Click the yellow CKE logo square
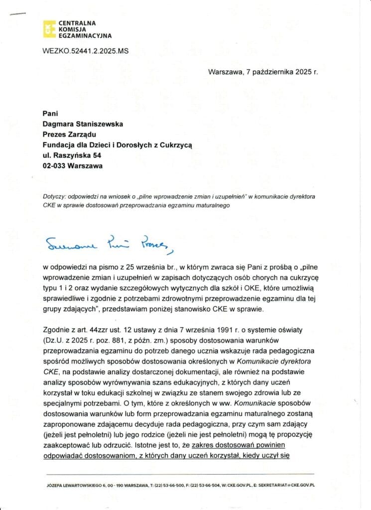[x=49, y=29]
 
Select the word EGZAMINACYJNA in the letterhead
[x=85, y=36]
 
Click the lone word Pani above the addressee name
[x=51, y=114]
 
